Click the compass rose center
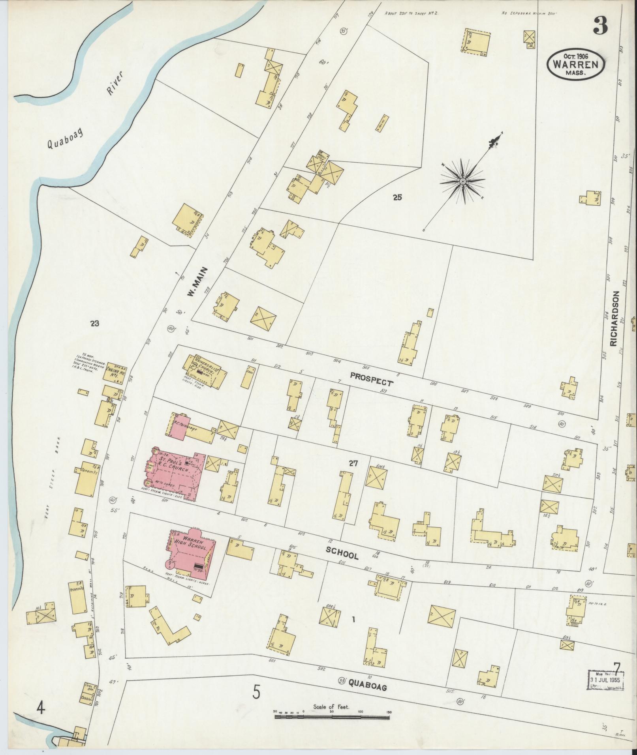(x=462, y=181)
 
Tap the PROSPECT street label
(x=371, y=380)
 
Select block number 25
(x=397, y=198)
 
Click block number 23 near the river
(x=94, y=324)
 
